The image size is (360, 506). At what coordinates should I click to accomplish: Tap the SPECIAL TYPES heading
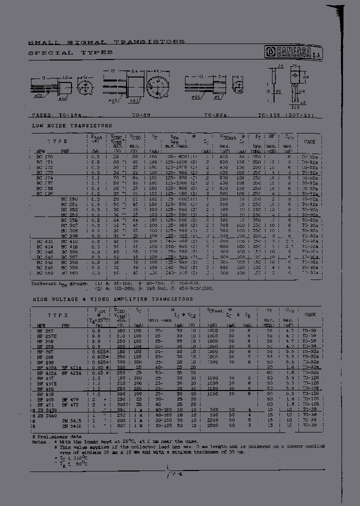(70, 52)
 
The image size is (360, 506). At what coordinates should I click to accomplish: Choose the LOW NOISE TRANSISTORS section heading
(72, 125)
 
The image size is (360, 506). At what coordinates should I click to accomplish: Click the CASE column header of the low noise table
(309, 141)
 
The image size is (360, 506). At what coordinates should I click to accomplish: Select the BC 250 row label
(68, 198)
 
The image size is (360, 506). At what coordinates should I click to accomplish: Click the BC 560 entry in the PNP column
(68, 273)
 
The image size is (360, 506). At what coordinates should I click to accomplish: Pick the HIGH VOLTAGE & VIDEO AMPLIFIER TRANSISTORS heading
(112, 299)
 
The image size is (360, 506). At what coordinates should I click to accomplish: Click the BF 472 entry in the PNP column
(70, 405)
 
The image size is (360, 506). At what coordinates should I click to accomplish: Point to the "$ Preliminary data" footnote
(57, 436)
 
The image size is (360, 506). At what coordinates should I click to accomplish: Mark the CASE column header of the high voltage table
(309, 315)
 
